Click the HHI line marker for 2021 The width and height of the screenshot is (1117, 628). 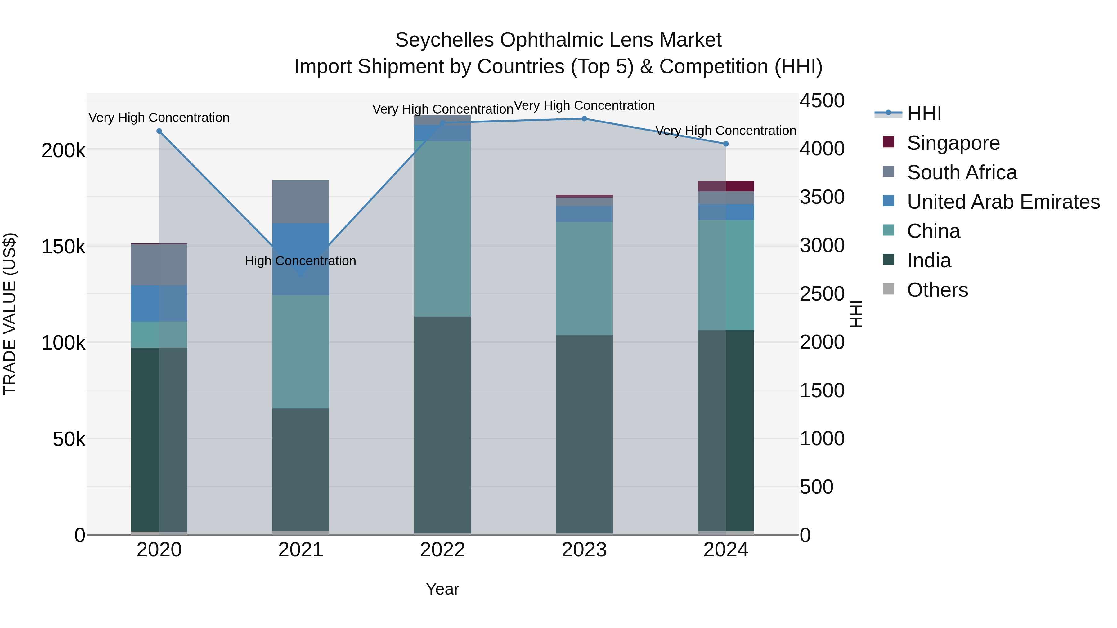pyautogui.click(x=301, y=274)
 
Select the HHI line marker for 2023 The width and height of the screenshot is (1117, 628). pyautogui.click(x=584, y=119)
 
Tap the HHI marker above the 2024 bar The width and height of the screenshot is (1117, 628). pyautogui.click(x=726, y=144)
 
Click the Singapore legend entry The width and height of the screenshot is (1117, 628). pyautogui.click(x=953, y=143)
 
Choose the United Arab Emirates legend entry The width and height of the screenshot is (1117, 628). pyautogui.click(x=1003, y=202)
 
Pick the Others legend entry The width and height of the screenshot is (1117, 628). pyautogui.click(x=937, y=290)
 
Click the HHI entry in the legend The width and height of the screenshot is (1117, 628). pyautogui.click(x=924, y=114)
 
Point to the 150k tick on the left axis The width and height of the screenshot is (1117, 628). pyautogui.click(x=63, y=247)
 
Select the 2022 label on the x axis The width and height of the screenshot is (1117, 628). pyautogui.click(x=442, y=550)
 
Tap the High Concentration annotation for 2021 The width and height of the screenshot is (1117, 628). pyautogui.click(x=300, y=261)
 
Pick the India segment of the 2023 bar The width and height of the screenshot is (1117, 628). pyautogui.click(x=584, y=434)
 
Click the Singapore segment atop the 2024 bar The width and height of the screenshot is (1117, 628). pyautogui.click(x=726, y=186)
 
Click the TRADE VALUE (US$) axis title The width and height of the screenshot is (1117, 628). pyautogui.click(x=10, y=314)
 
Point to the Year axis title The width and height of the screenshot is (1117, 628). pyautogui.click(x=442, y=589)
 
